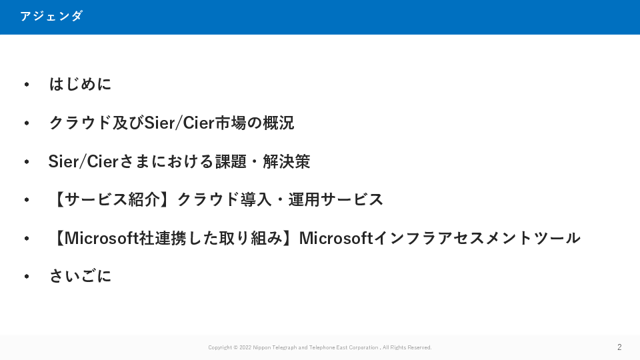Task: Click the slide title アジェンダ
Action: (x=51, y=16)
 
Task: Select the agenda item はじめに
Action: (x=80, y=84)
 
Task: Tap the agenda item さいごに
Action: (x=80, y=276)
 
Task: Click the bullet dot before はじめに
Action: (x=27, y=85)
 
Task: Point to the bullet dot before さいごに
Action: (x=27, y=276)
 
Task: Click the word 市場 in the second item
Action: (x=231, y=123)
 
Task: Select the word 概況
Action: (x=279, y=123)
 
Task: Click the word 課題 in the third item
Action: (x=231, y=161)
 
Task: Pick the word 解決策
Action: (x=287, y=161)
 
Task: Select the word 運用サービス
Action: (x=335, y=199)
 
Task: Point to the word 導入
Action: (x=255, y=199)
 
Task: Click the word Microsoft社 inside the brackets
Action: (x=109, y=238)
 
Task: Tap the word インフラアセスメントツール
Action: (x=477, y=238)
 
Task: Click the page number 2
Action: (x=619, y=347)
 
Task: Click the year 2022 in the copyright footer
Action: (x=245, y=347)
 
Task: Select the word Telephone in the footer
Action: (x=322, y=347)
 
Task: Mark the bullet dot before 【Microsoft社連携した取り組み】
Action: (x=27, y=239)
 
